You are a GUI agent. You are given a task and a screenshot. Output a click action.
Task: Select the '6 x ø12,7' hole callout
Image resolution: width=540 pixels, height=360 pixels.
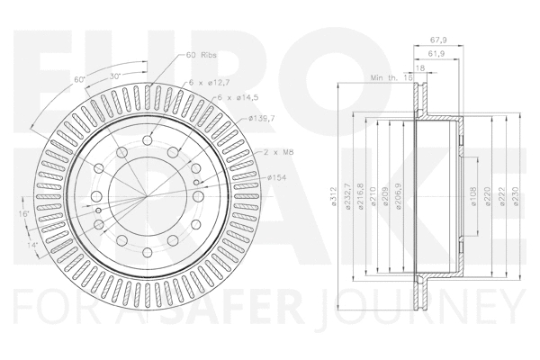[209, 83]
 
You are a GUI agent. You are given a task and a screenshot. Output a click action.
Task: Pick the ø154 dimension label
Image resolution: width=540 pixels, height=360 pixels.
[279, 178]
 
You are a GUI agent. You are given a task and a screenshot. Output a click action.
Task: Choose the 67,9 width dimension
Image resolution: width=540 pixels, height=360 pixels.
[439, 39]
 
